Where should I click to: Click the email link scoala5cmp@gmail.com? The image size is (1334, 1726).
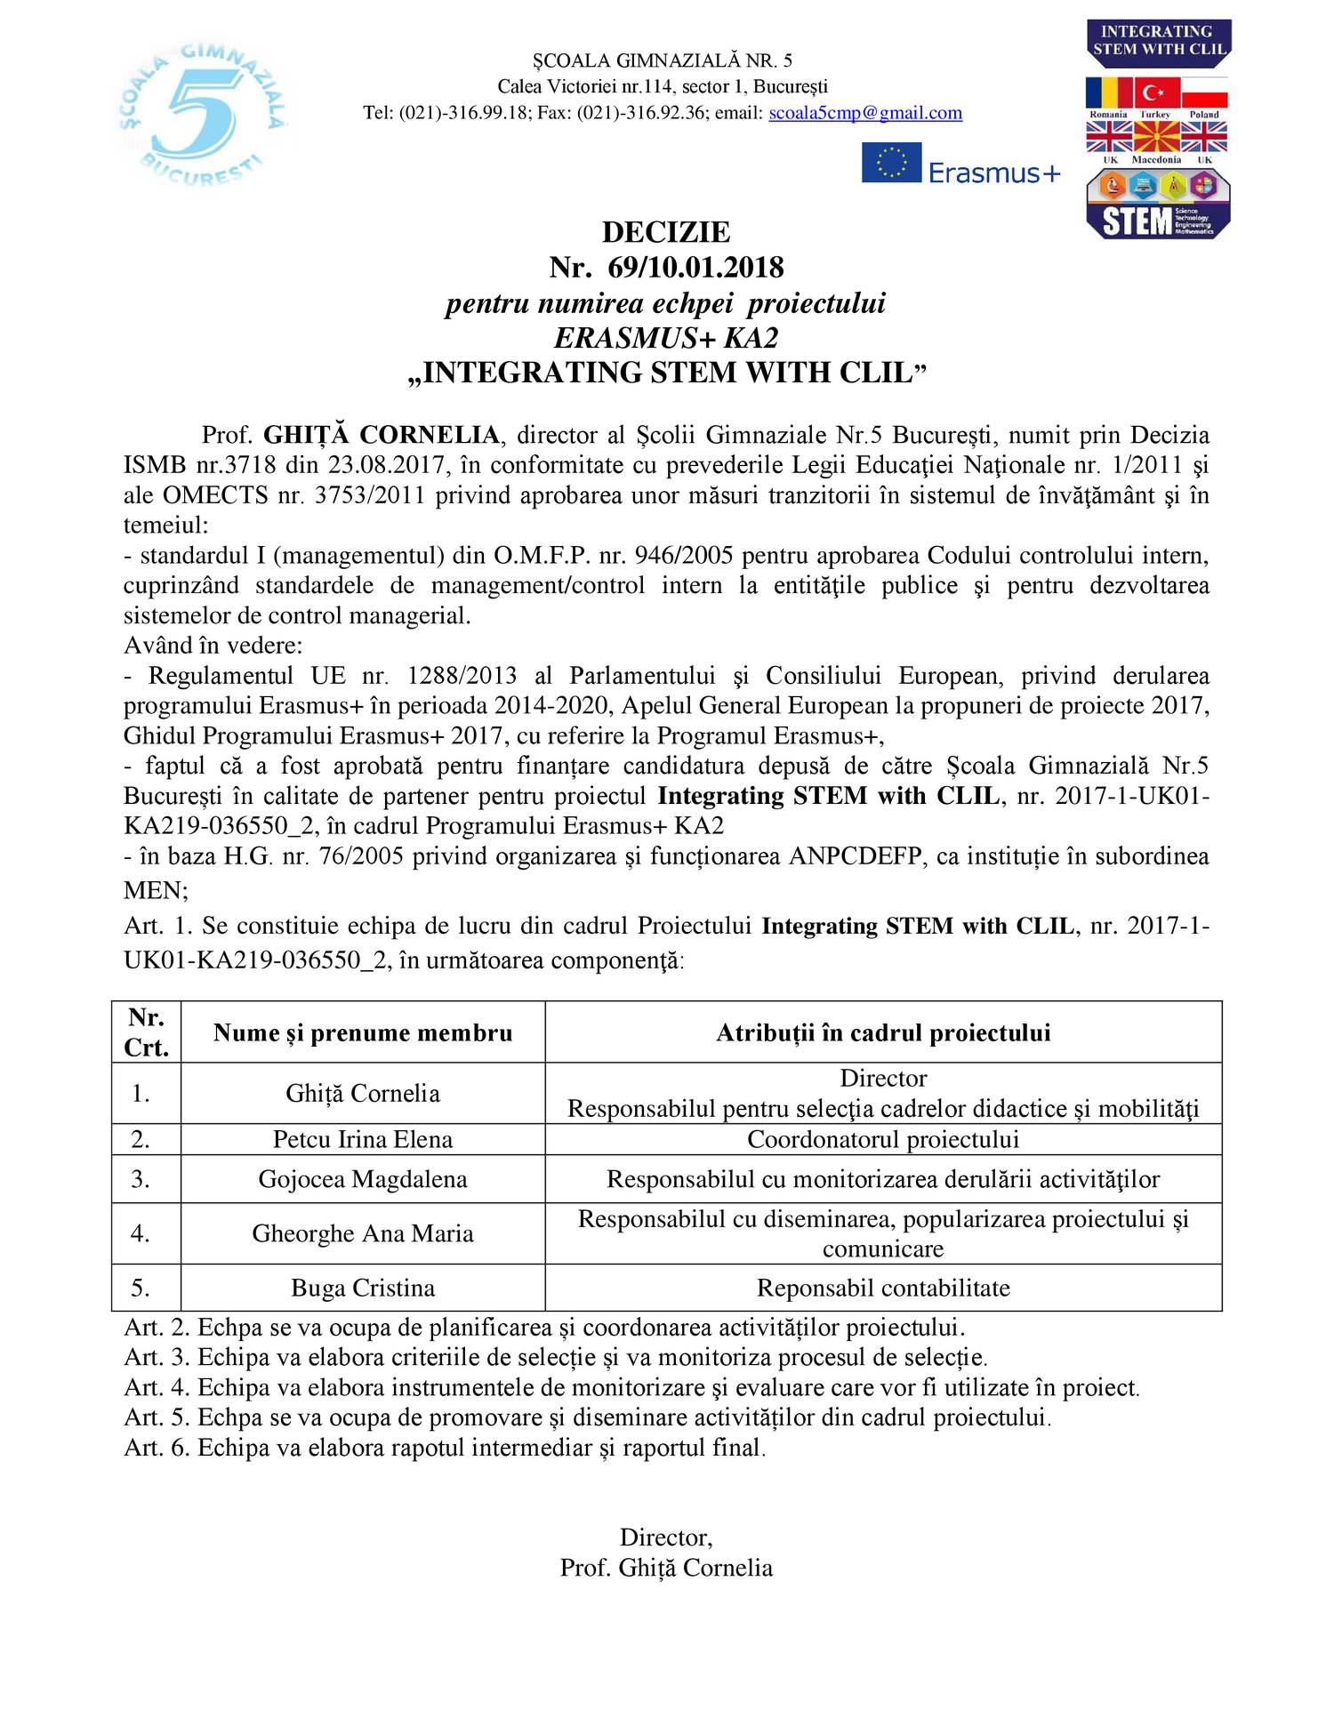tap(864, 113)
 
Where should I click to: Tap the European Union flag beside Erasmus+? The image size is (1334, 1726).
tap(891, 163)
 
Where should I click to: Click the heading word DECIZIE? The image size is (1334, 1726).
tap(666, 232)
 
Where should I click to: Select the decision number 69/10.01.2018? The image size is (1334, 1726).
tap(695, 267)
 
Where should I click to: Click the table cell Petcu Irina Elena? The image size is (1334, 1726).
tap(363, 1139)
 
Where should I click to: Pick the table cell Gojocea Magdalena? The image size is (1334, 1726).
tap(363, 1179)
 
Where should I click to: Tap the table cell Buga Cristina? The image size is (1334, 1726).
tap(363, 1288)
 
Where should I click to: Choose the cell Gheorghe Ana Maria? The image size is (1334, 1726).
tap(363, 1233)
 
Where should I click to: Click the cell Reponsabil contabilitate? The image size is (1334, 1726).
tap(883, 1288)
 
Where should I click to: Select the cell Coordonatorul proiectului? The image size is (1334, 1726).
tap(883, 1139)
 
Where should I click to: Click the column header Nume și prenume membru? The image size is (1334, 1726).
tap(363, 1032)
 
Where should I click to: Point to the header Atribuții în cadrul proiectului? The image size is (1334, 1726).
tap(883, 1032)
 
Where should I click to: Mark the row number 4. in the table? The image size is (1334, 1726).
tap(141, 1233)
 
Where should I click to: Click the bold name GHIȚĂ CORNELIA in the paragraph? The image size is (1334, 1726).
tap(382, 435)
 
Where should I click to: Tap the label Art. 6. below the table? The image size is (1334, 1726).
tap(157, 1448)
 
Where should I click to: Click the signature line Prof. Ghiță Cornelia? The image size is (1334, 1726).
tap(666, 1567)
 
